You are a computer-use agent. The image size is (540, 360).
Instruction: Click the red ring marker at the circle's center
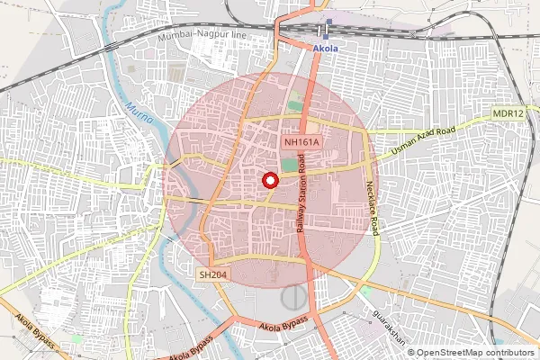268,180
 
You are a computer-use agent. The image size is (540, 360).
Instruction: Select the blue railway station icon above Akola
328,23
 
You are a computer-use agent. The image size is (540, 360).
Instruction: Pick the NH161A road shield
301,142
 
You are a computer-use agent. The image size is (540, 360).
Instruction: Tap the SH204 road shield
211,273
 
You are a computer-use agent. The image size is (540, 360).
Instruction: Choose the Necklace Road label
373,204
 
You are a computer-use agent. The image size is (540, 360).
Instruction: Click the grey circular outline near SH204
293,297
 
